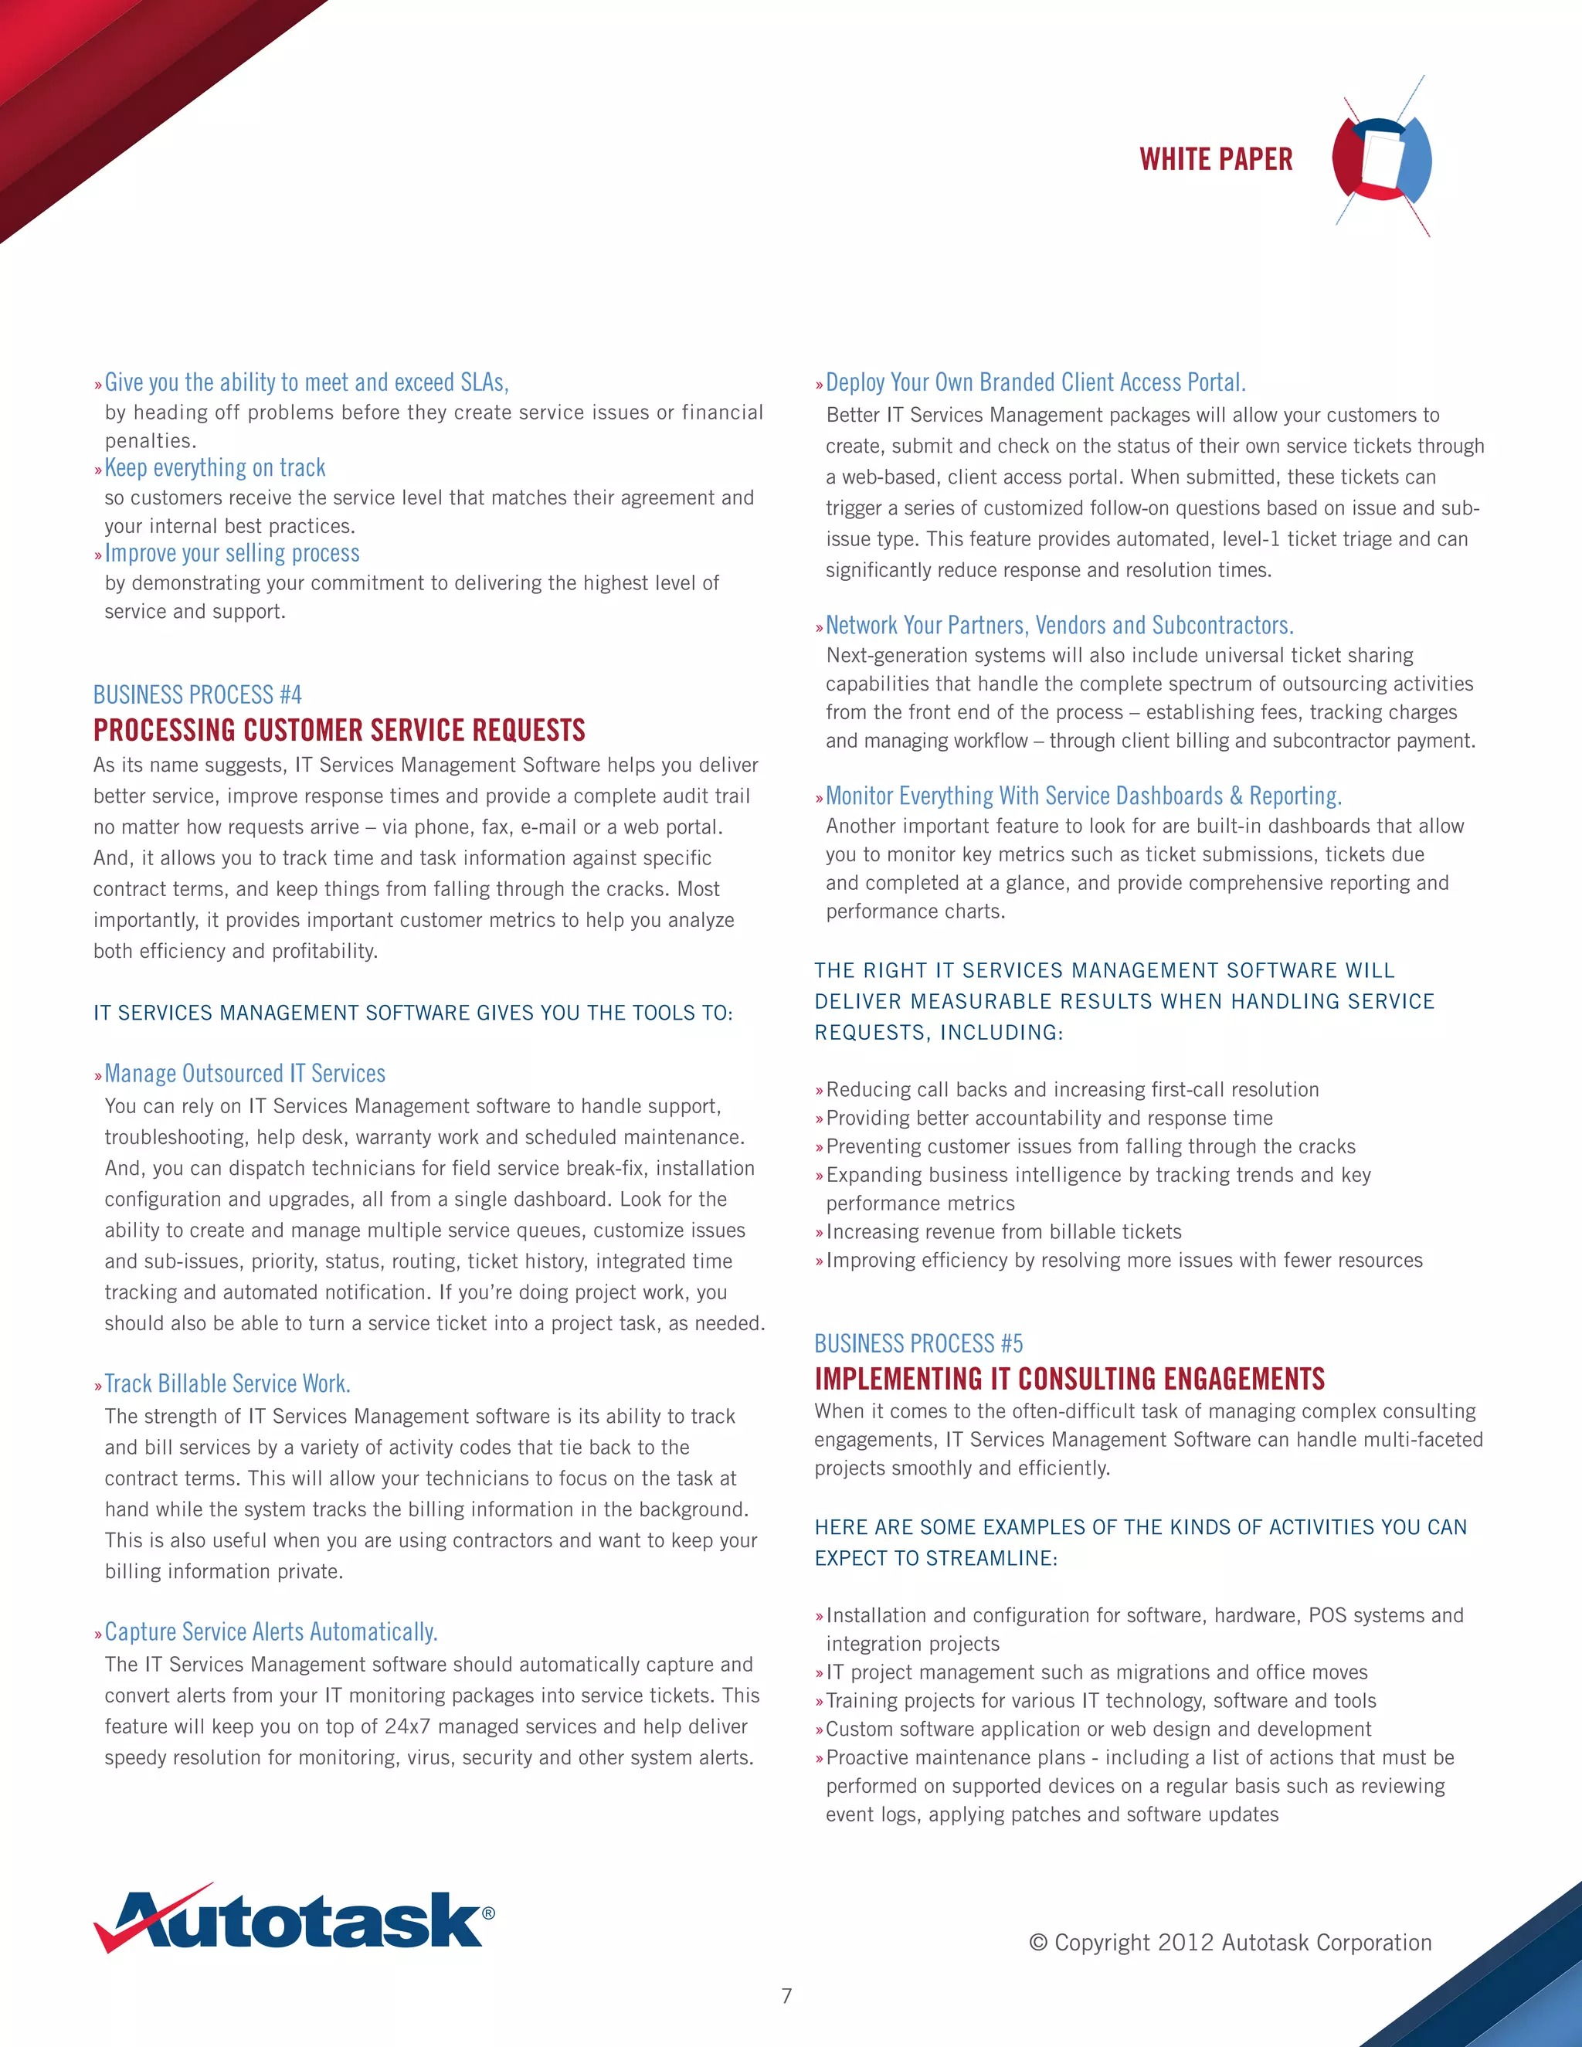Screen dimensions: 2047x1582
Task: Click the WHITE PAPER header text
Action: point(1216,159)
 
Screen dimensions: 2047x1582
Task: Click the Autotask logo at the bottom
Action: point(294,1920)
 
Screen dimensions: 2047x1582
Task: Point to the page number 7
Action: point(786,1995)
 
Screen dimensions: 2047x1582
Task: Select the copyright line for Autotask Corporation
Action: point(1230,1942)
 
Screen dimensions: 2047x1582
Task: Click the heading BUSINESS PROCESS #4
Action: point(197,694)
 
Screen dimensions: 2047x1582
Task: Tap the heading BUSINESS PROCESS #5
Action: point(918,1343)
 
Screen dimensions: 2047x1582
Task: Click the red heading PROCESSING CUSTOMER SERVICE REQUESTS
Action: point(339,730)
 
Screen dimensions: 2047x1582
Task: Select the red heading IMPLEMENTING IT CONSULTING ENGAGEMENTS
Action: point(1069,1379)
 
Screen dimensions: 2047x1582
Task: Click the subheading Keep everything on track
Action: point(215,467)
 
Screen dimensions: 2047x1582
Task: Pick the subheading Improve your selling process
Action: point(232,553)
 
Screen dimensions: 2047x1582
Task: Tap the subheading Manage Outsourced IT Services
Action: point(245,1073)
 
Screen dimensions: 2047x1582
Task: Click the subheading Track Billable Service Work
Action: point(227,1383)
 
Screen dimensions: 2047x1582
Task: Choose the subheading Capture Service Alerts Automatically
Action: point(271,1631)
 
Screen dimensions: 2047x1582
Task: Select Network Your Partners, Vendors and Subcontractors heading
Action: point(1059,625)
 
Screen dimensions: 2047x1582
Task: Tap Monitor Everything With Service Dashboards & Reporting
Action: point(1084,796)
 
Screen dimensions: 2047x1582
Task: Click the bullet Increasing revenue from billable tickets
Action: point(1003,1231)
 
